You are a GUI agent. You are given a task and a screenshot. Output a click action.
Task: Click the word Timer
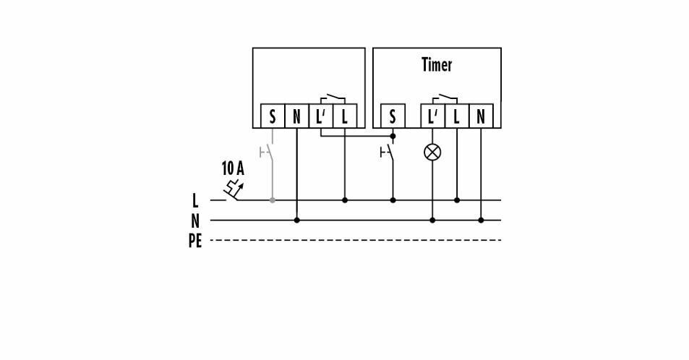tap(437, 65)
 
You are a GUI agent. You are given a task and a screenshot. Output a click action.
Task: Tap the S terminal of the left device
tap(273, 116)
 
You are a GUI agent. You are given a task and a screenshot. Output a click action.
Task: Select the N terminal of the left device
tap(296, 116)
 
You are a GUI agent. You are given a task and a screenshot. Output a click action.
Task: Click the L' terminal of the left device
tap(320, 116)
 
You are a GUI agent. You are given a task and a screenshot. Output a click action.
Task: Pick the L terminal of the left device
tap(344, 116)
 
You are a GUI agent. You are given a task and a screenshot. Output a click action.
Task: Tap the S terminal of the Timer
tap(393, 116)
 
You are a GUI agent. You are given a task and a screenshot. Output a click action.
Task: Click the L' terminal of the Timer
tap(432, 116)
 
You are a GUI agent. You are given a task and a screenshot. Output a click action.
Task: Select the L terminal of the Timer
tap(456, 116)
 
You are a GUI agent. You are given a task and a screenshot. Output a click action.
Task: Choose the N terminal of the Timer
tap(481, 116)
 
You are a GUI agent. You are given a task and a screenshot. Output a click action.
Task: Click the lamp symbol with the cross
tap(432, 152)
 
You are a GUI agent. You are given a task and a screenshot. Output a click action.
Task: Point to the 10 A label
tap(232, 169)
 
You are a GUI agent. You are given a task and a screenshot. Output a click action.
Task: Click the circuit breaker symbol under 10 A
tap(233, 192)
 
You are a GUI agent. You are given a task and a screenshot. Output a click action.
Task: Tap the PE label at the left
tap(195, 241)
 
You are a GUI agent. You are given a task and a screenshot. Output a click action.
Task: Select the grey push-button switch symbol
tap(268, 153)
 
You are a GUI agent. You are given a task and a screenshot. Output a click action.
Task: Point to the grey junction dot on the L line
tap(273, 200)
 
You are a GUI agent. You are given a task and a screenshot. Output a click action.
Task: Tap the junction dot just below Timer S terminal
tap(393, 136)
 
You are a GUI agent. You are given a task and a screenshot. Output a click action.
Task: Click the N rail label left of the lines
tap(195, 221)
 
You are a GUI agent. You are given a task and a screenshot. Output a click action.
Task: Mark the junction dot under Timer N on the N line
tap(481, 220)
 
